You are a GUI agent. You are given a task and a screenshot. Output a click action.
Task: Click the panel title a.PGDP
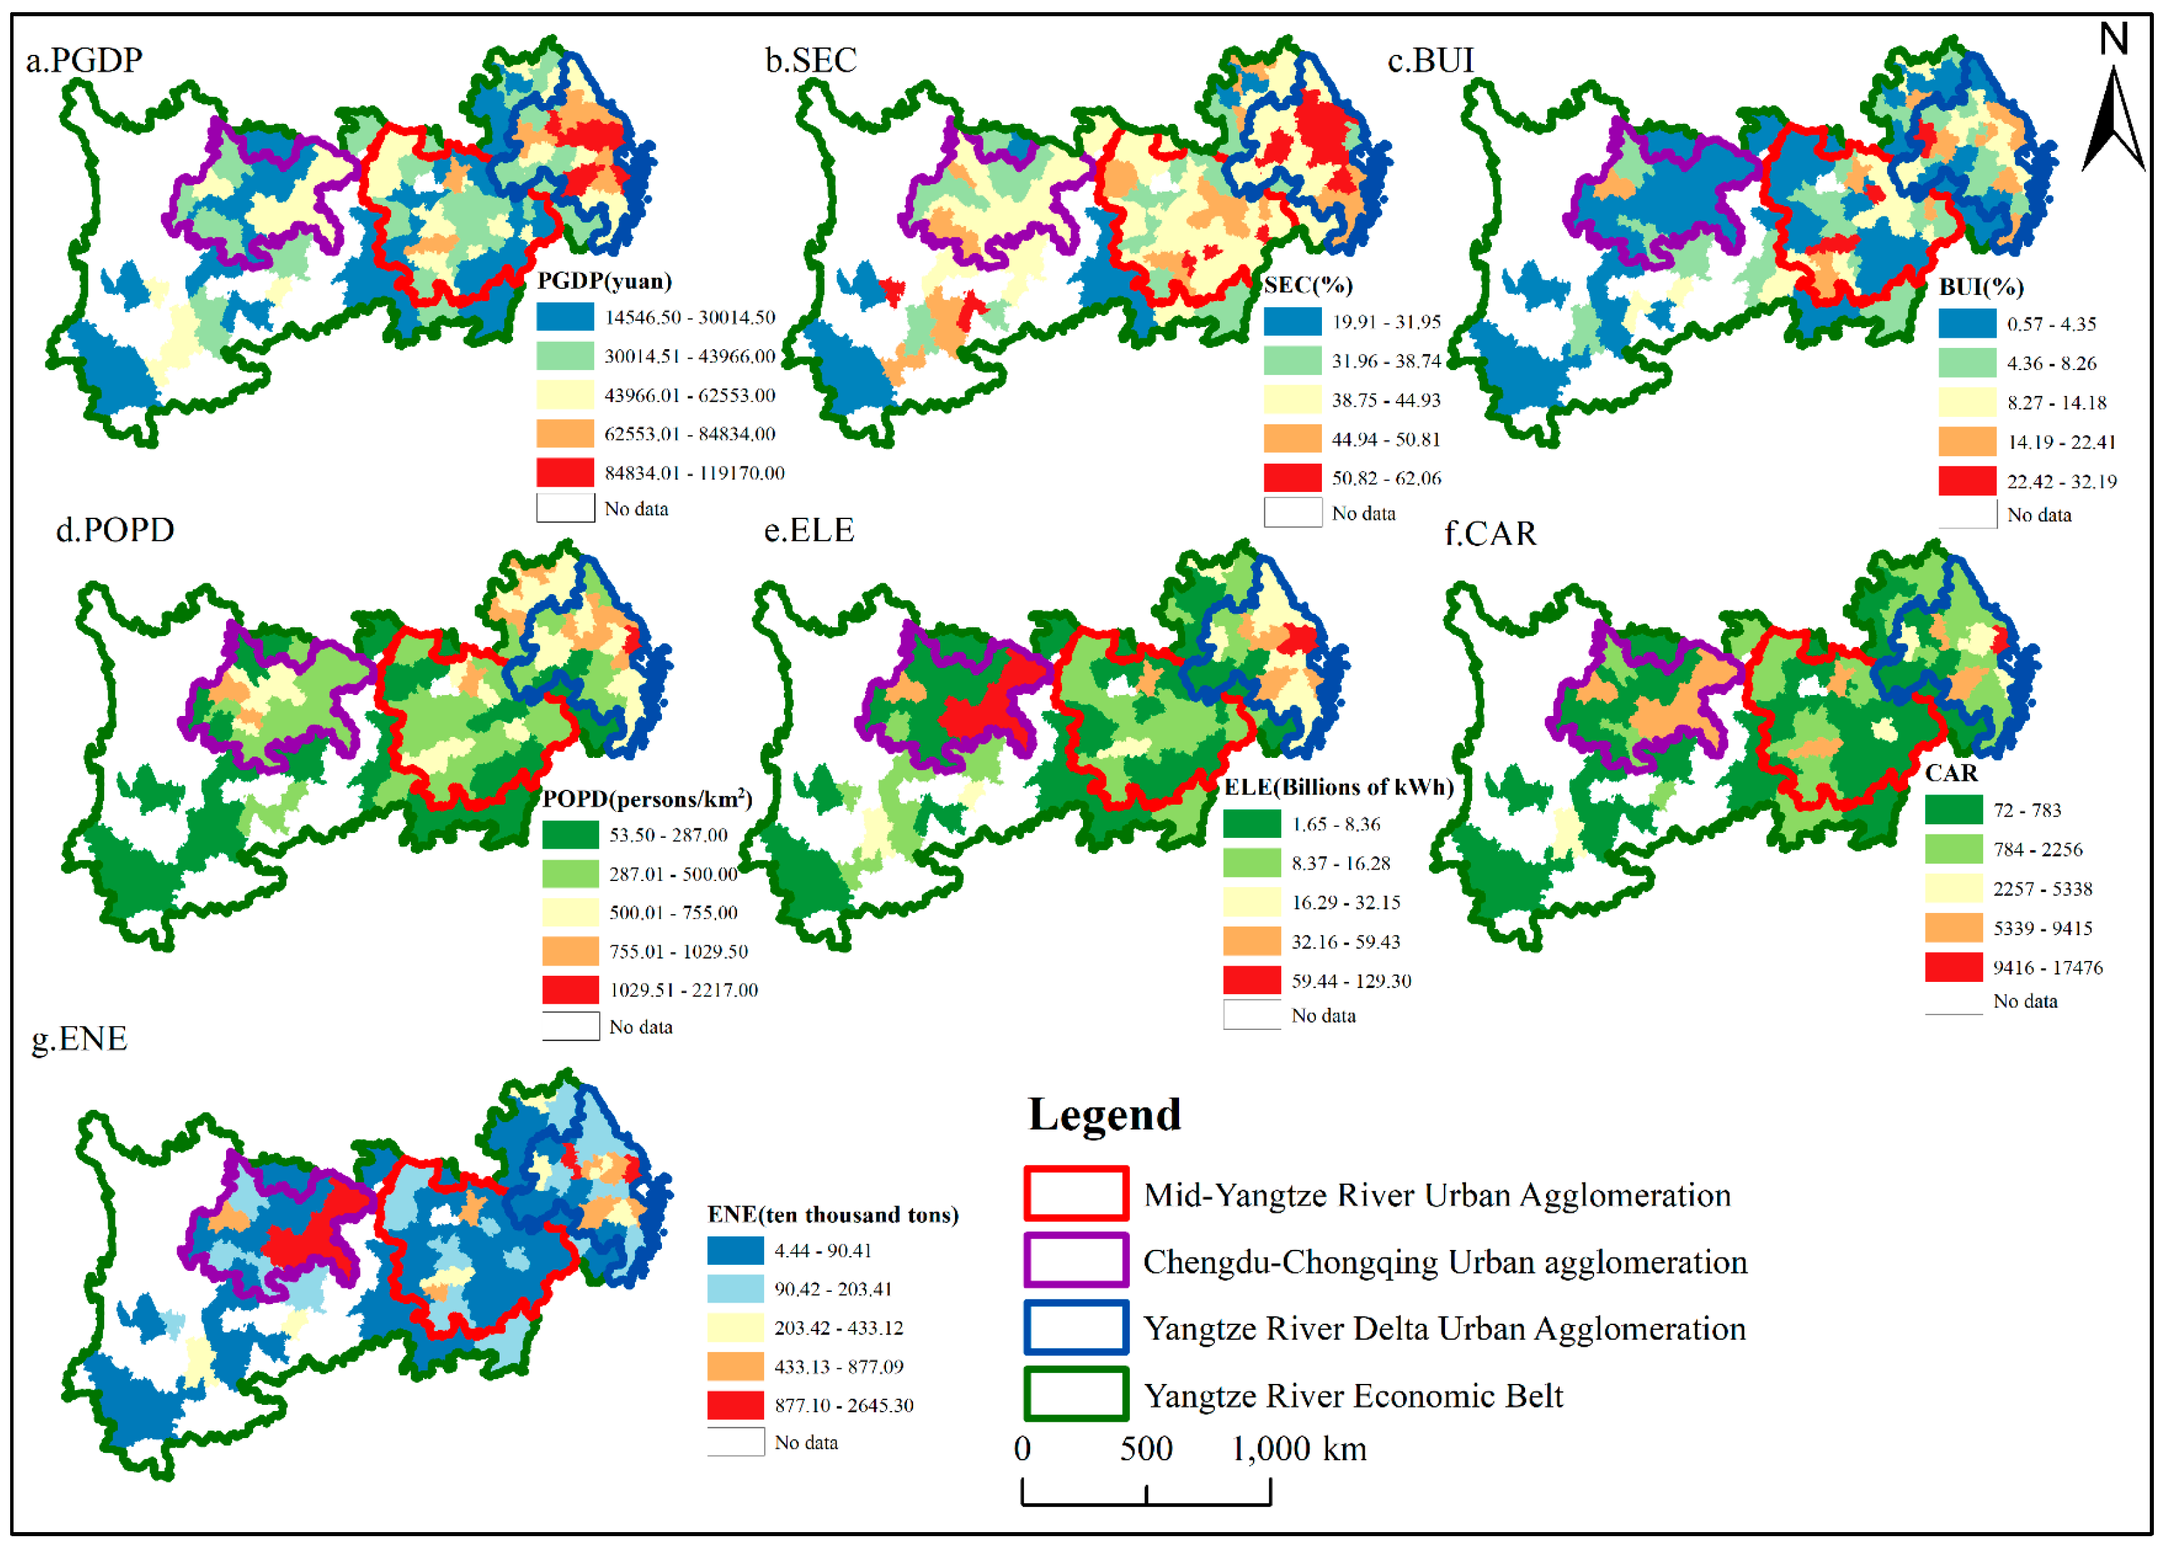[84, 60]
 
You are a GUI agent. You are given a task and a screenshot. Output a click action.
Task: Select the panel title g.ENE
[79, 1037]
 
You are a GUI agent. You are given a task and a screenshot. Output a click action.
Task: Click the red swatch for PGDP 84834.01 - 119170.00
[565, 472]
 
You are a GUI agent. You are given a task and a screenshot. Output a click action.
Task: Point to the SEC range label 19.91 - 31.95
[1386, 322]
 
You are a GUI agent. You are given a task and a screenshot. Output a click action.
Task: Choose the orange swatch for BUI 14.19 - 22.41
[1967, 442]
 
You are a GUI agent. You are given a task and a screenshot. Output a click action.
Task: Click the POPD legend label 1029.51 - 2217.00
[683, 990]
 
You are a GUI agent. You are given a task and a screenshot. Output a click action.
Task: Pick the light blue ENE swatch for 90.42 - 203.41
[734, 1289]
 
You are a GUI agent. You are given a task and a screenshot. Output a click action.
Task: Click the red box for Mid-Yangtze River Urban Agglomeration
[1076, 1194]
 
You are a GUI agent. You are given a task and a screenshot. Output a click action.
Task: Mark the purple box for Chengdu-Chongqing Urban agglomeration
[1076, 1260]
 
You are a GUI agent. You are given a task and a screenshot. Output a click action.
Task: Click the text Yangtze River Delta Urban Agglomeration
[1444, 1328]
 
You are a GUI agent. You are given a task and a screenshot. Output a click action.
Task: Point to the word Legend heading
[1105, 1115]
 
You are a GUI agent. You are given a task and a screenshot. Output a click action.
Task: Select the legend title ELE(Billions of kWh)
[1338, 787]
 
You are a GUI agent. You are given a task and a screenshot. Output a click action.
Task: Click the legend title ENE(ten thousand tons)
[832, 1215]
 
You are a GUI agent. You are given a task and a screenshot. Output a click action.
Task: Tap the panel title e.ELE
[808, 530]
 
